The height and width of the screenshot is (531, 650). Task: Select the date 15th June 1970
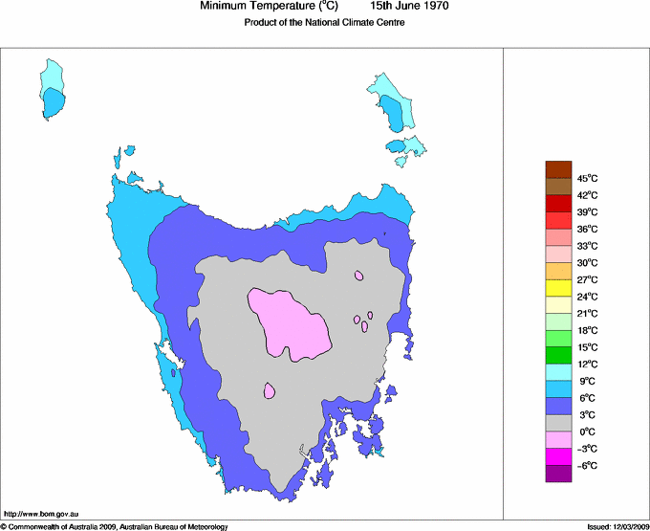[409, 7]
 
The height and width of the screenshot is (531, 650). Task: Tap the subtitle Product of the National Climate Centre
[324, 23]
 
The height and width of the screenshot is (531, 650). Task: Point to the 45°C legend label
[587, 178]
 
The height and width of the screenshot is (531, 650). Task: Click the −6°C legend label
[587, 465]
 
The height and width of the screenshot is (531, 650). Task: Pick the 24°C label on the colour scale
[587, 296]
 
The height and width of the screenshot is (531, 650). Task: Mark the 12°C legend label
[587, 364]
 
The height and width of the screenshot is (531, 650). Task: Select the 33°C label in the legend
[587, 245]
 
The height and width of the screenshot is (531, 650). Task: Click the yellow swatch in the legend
[558, 287]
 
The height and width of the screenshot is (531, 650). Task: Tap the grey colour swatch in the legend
[558, 423]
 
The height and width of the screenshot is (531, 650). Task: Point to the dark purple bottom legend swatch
[558, 474]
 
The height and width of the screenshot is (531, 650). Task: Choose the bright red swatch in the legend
[558, 203]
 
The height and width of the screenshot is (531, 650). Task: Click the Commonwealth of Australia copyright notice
[115, 525]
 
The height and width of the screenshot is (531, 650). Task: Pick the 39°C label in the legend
[587, 211]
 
